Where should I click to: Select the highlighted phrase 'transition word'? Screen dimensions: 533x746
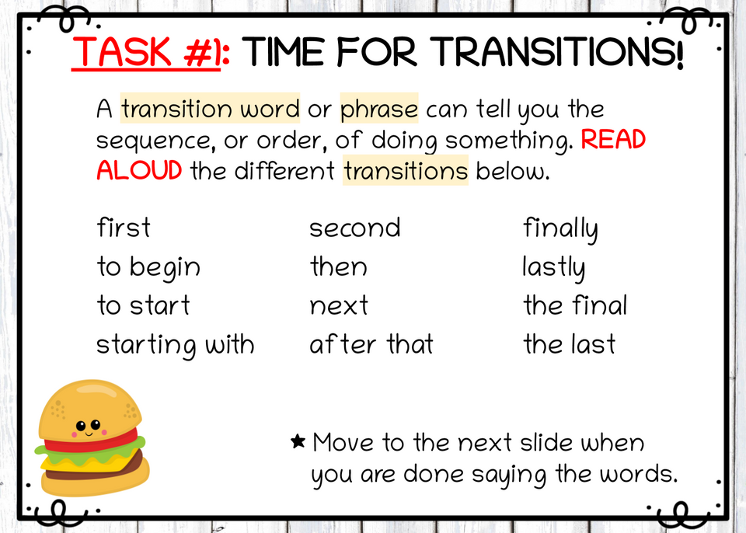point(210,110)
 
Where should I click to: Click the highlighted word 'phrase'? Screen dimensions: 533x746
point(379,110)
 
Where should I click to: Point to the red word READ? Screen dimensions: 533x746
point(613,141)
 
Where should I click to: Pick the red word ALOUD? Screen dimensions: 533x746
point(139,171)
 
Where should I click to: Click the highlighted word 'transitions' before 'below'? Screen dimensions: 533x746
point(406,171)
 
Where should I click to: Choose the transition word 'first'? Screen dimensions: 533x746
point(124,228)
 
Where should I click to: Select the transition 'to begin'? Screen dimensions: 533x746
point(148,267)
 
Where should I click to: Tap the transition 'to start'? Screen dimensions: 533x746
point(143,305)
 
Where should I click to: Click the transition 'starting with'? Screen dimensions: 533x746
point(176,344)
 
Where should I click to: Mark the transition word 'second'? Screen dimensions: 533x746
point(355,228)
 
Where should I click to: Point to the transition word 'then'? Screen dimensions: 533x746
point(338,267)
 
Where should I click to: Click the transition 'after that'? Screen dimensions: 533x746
point(371,344)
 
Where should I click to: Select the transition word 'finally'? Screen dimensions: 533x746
point(560,229)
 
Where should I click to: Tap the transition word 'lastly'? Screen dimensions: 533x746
point(554,268)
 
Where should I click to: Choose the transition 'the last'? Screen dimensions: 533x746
point(570,344)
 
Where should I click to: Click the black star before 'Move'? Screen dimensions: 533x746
point(298,442)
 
